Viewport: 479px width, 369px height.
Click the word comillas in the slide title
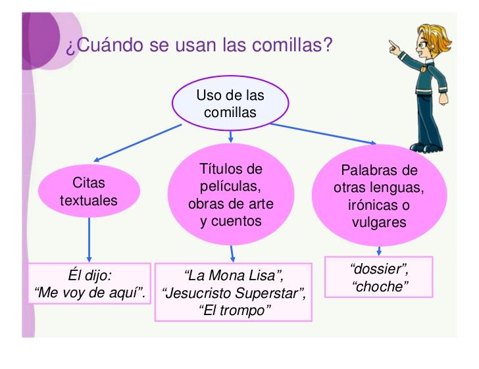288,45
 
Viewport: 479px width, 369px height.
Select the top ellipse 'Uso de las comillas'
230,103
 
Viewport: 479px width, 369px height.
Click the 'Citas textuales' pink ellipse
89,191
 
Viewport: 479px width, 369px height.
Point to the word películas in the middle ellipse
230,186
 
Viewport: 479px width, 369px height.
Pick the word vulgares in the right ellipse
379,223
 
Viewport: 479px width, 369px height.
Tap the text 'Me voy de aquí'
89,293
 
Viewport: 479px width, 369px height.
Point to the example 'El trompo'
235,310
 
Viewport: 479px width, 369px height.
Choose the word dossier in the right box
378,269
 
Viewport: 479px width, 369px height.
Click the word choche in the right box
380,287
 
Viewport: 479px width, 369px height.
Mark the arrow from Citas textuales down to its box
89,240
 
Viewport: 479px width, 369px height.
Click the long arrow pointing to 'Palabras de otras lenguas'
323,134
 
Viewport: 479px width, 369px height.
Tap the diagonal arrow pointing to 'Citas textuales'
138,143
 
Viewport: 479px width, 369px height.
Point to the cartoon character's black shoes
426,147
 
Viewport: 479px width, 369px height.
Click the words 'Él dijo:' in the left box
89,275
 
